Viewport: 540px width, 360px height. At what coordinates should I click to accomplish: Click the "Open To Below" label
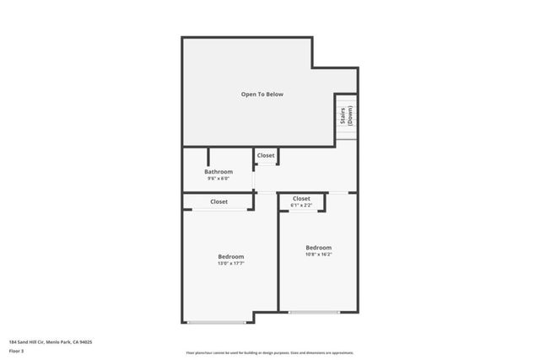(262, 94)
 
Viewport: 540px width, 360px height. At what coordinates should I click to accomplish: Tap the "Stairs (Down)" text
(345, 116)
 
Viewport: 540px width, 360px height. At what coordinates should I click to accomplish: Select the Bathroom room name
(218, 171)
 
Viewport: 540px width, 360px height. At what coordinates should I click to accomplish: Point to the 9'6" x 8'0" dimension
(218, 178)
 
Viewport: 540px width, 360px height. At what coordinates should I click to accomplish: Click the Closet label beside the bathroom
(266, 156)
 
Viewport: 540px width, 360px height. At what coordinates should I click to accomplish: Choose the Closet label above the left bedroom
(219, 201)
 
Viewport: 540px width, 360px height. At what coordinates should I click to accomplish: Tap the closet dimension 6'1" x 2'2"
(301, 205)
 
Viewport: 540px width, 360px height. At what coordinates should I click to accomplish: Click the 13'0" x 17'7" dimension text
(230, 263)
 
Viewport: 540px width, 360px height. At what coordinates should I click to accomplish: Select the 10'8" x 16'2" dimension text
(318, 254)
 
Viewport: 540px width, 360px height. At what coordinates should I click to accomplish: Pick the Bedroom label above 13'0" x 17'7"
(230, 256)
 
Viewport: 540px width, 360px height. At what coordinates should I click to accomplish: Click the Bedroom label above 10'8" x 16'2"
(318, 247)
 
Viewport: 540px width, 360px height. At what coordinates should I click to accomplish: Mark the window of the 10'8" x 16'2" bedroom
(315, 313)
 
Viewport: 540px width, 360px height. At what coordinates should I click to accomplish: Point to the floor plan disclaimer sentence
(270, 353)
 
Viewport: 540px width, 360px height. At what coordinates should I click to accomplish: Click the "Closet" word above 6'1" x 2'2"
(301, 199)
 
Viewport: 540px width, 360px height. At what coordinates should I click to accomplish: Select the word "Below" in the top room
(273, 94)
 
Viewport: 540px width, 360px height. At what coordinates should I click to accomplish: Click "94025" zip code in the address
(85, 341)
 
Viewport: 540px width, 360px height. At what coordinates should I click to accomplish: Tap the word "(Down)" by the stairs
(348, 116)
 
